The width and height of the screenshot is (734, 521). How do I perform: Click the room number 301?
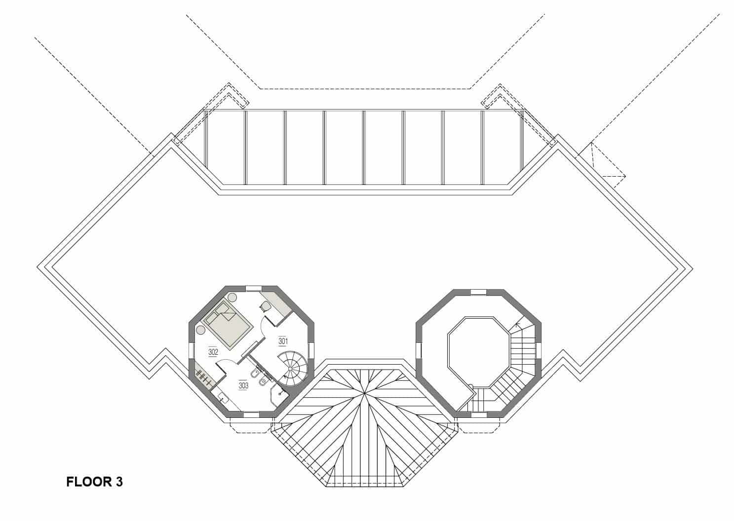click(283, 341)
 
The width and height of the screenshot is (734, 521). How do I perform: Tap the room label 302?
click(213, 352)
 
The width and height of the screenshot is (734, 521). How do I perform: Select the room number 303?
click(243, 385)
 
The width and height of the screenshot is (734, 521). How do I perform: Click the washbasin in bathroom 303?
click(222, 397)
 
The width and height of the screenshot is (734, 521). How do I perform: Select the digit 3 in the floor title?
click(119, 482)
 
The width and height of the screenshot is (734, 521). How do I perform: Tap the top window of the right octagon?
click(478, 292)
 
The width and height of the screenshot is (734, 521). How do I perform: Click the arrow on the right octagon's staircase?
click(517, 325)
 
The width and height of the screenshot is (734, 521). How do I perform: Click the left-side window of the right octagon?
click(420, 350)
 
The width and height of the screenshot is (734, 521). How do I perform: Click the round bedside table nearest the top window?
click(232, 297)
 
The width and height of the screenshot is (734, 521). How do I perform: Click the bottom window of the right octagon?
click(478, 415)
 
